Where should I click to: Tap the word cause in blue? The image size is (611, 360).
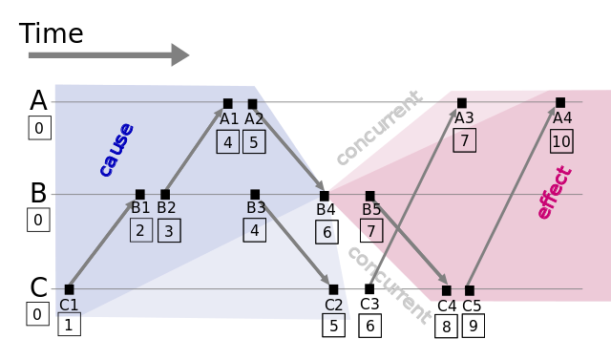(116, 149)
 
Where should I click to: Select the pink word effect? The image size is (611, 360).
(555, 193)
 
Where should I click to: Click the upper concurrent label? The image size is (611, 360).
(378, 127)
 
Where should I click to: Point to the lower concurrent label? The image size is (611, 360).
(388, 284)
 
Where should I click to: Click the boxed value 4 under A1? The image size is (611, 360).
(227, 141)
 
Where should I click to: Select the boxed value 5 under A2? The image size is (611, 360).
(253, 141)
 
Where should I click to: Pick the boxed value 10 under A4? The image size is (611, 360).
(561, 141)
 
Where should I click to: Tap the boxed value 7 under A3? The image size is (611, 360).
(464, 140)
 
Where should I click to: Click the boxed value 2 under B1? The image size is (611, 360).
(141, 230)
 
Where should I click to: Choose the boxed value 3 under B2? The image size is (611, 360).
(169, 230)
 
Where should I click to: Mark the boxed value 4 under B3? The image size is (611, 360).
(254, 230)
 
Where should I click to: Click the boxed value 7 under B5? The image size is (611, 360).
(371, 231)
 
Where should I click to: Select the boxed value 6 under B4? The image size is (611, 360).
(327, 232)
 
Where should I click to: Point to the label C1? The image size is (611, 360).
(69, 305)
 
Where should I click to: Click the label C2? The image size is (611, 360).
(333, 305)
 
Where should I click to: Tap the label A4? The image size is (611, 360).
(562, 118)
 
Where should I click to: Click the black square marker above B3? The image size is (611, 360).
(255, 194)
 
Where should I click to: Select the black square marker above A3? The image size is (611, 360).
(462, 103)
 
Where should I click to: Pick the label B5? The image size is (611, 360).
(371, 210)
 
